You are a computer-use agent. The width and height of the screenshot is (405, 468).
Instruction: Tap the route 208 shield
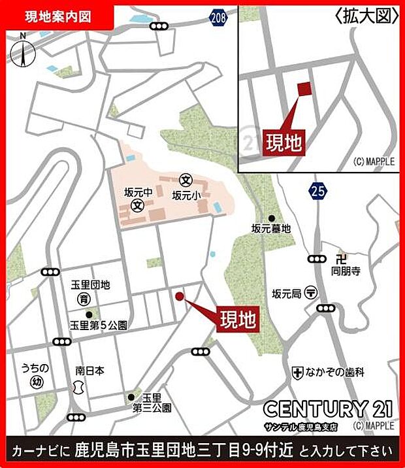(219, 16)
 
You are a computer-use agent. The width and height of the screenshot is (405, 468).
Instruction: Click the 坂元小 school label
(185, 194)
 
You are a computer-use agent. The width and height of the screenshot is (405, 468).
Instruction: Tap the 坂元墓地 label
(271, 228)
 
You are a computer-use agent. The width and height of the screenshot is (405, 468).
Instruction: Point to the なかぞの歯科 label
(335, 372)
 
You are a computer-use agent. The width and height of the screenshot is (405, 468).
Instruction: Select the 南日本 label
(89, 369)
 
